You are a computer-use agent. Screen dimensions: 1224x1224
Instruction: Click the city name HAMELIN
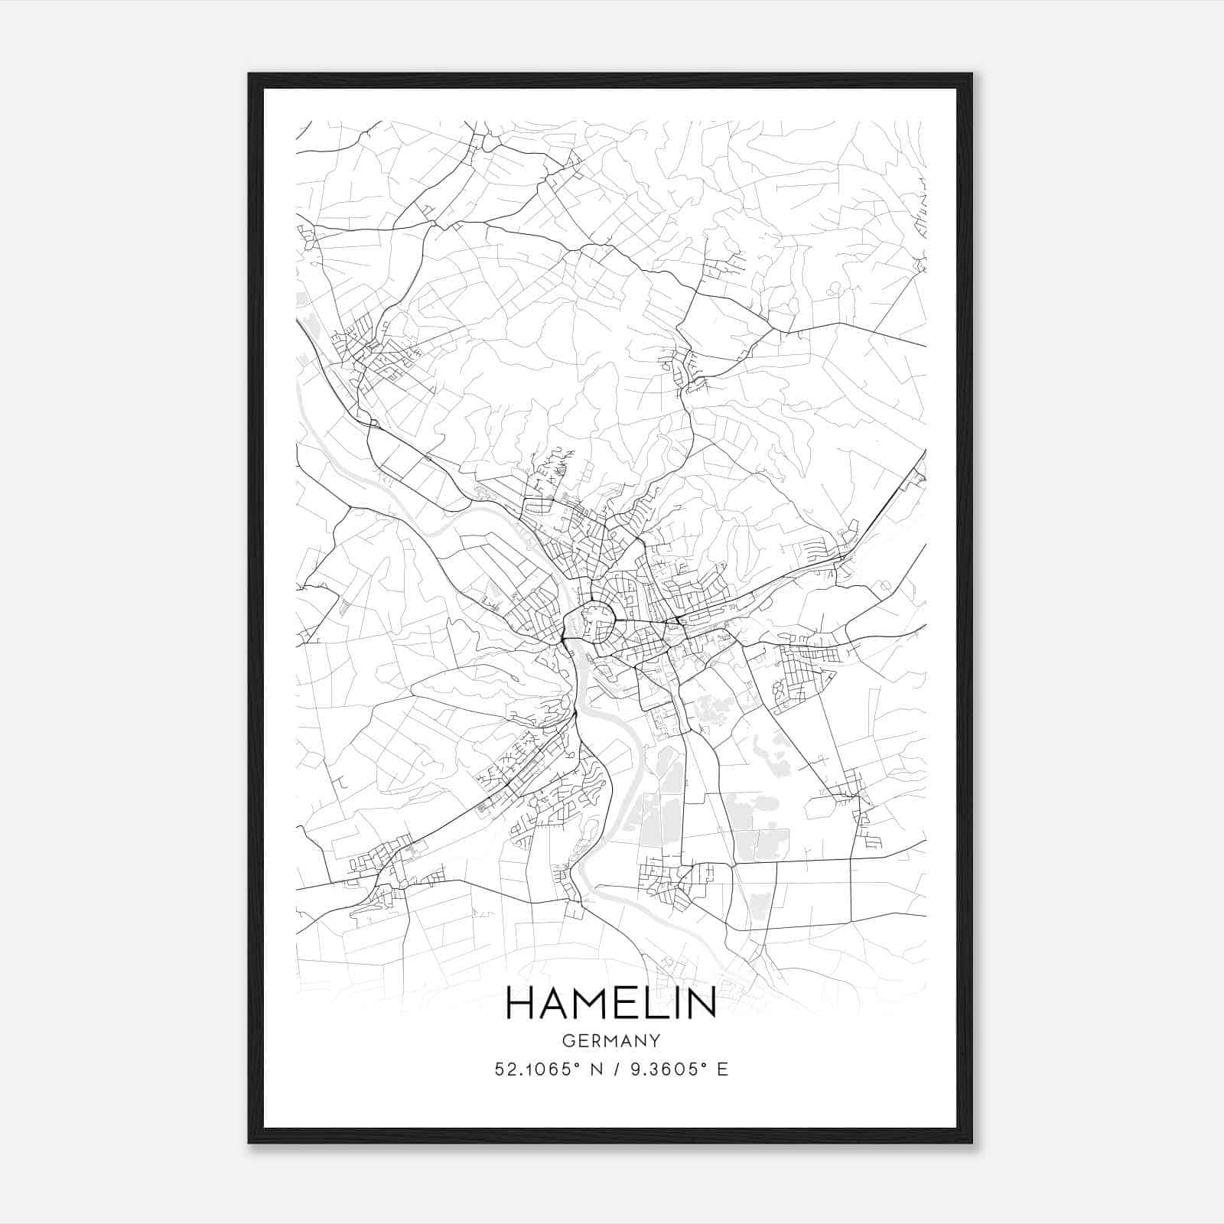pyautogui.click(x=610, y=1003)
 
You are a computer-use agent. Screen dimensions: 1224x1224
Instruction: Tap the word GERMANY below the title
pyautogui.click(x=610, y=1040)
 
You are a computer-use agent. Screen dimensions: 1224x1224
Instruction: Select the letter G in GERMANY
pyautogui.click(x=567, y=1040)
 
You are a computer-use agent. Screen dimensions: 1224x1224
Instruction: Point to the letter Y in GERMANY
pyautogui.click(x=655, y=1040)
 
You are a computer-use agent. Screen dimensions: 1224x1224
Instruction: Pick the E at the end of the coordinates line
pyautogui.click(x=722, y=1069)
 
